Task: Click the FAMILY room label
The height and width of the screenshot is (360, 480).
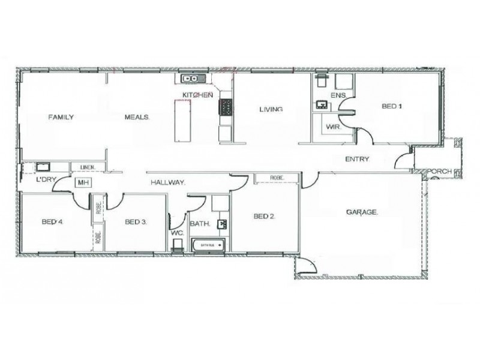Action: click(x=61, y=117)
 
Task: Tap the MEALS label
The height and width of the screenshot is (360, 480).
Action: click(x=137, y=117)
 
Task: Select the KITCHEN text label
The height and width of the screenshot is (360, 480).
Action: click(x=197, y=95)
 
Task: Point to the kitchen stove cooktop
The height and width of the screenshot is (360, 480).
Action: click(x=227, y=108)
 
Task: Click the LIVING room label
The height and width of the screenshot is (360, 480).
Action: click(x=271, y=109)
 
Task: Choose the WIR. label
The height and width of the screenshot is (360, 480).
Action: click(x=334, y=128)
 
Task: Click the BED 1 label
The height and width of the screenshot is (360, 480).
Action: click(x=392, y=107)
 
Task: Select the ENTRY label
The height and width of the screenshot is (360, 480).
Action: click(x=357, y=159)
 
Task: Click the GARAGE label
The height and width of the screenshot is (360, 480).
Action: click(x=362, y=212)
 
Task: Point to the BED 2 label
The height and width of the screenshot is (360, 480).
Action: click(x=264, y=217)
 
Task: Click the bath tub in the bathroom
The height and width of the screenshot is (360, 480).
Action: click(x=208, y=245)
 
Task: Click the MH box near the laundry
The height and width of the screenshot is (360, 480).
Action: click(x=82, y=183)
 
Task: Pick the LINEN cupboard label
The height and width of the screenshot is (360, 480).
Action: click(x=80, y=167)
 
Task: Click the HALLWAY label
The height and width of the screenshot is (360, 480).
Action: click(x=167, y=182)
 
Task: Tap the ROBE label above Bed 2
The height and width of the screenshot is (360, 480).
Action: click(x=277, y=178)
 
